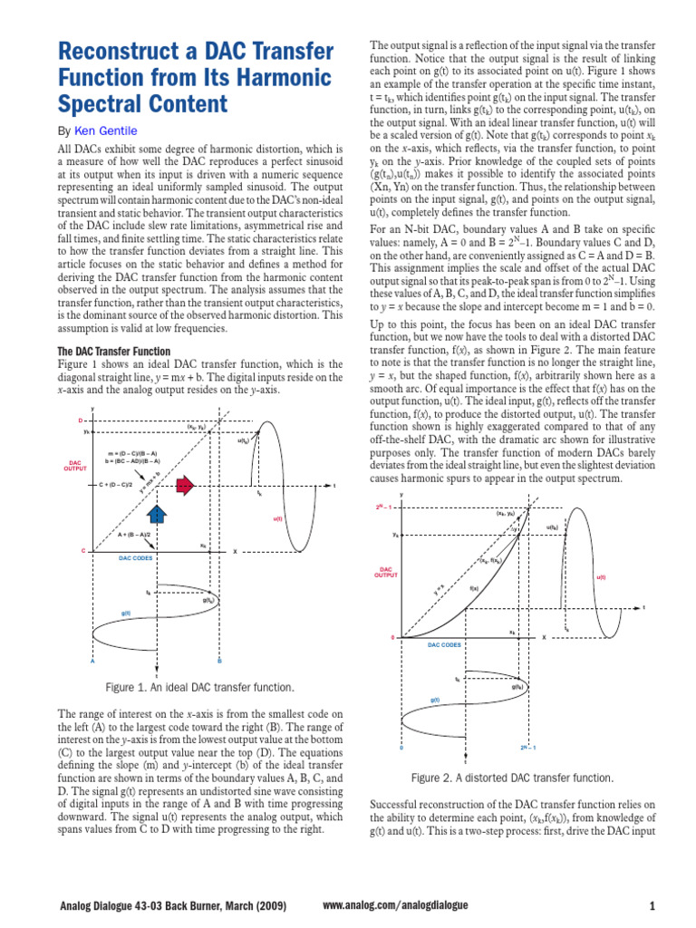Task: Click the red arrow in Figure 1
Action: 185,486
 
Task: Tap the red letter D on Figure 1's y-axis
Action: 80,420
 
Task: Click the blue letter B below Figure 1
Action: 218,661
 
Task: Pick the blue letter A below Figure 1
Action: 92,661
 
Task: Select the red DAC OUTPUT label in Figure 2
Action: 387,573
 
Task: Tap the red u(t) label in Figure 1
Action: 277,518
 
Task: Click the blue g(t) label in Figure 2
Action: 436,700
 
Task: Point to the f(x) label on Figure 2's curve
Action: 474,588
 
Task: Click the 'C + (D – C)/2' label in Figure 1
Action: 116,485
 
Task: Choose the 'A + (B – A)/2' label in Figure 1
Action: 134,535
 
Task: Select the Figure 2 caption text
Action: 512,778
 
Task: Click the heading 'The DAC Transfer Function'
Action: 113,351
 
